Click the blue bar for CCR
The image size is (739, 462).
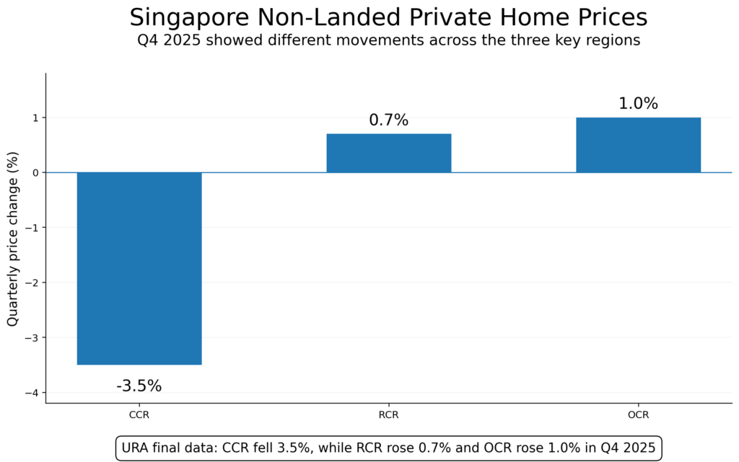click(x=139, y=268)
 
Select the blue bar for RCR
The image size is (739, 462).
click(x=388, y=153)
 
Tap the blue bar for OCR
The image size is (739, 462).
click(x=638, y=145)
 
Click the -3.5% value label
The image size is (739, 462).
click(x=139, y=386)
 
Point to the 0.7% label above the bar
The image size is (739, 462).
click(x=388, y=120)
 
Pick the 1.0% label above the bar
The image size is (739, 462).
click(x=638, y=104)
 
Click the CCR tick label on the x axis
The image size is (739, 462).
click(x=139, y=415)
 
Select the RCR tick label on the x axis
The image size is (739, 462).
click(x=388, y=415)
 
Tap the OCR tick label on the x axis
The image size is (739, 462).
click(x=638, y=415)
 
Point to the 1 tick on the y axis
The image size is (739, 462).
click(x=35, y=117)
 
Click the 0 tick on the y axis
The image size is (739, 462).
click(x=35, y=173)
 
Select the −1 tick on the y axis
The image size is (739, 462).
click(x=32, y=228)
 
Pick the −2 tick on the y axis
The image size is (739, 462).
click(x=32, y=283)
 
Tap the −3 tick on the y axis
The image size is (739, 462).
click(x=32, y=338)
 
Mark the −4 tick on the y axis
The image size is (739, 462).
click(x=32, y=393)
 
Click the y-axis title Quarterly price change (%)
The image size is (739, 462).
click(x=12, y=238)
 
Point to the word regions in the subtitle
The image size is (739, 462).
click(x=613, y=40)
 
